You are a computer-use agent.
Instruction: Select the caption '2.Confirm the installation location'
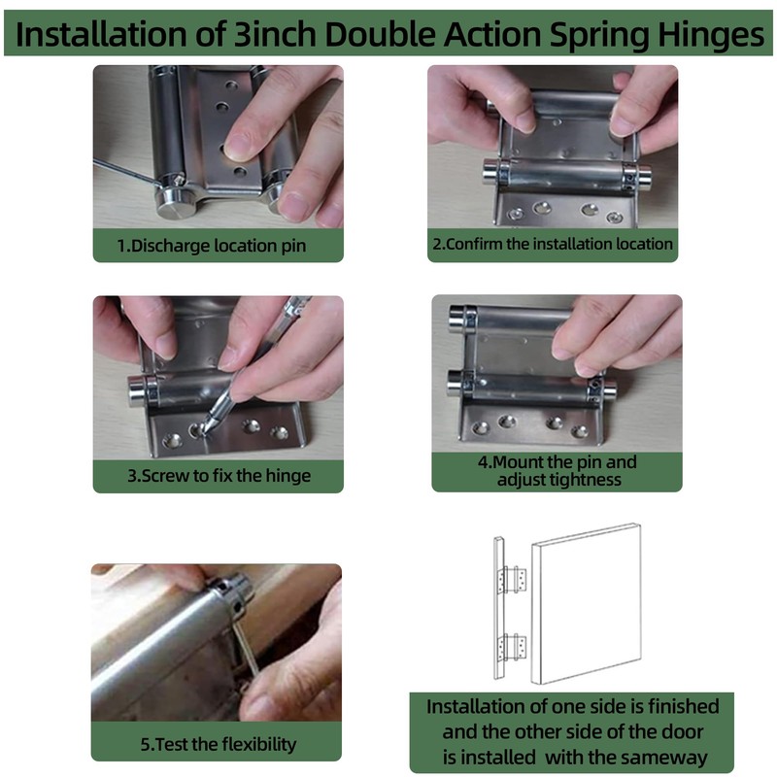coord(553,244)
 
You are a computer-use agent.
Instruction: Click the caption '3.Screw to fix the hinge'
coord(219,476)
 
